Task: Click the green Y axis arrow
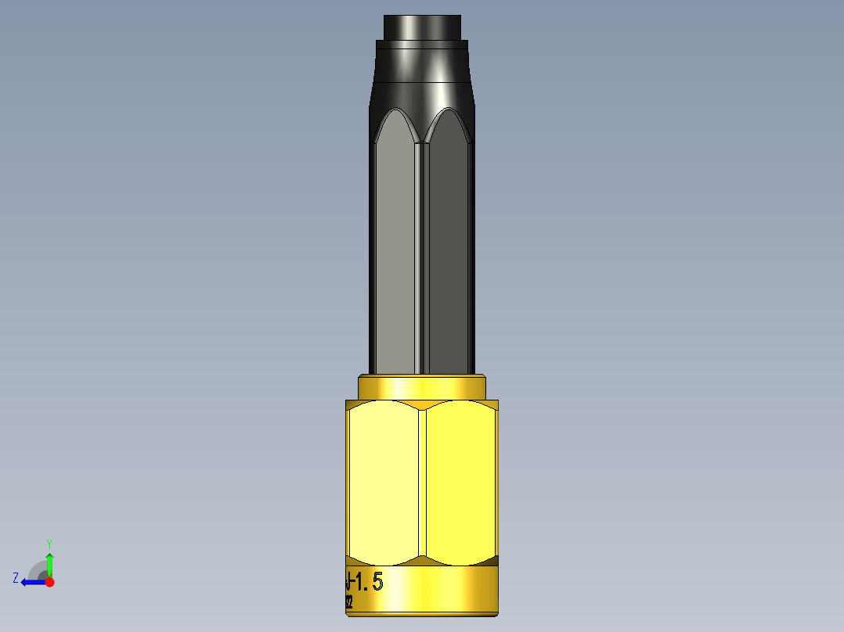pos(49,562)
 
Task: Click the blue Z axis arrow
pos(31,582)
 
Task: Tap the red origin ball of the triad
pos(49,582)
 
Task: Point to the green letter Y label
pos(49,543)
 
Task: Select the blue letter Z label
pos(16,578)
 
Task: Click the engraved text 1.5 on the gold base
pos(369,581)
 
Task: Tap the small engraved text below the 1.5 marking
pos(348,601)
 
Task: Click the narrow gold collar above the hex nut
pos(422,387)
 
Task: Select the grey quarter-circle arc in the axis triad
pos(36,569)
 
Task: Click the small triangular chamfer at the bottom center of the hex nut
pos(422,561)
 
